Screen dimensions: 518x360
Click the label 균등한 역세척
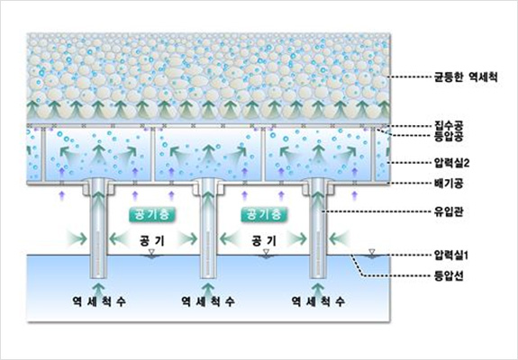tap(466, 77)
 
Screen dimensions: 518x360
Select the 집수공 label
tap(449, 126)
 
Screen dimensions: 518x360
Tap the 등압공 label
tap(449, 136)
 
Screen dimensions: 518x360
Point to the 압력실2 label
tap(451, 163)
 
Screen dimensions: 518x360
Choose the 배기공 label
tap(449, 183)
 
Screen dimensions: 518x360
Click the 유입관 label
tap(449, 211)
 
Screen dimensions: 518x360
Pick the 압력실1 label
tap(451, 255)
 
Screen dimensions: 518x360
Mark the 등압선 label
tap(449, 275)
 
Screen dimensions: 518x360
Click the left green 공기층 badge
tap(152, 214)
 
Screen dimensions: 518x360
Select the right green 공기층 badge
tap(264, 214)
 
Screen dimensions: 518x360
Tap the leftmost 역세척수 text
tap(99, 301)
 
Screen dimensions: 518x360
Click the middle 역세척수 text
tap(208, 301)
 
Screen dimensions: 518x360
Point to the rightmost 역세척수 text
tap(318, 301)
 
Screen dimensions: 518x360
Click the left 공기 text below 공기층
tap(152, 240)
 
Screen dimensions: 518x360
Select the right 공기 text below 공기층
tap(264, 240)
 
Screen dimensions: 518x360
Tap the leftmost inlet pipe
tap(98, 229)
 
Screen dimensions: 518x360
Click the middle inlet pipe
tap(208, 229)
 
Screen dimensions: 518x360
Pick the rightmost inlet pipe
tap(318, 229)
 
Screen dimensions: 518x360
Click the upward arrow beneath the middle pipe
tap(208, 288)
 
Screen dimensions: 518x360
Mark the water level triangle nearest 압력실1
tap(372, 252)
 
